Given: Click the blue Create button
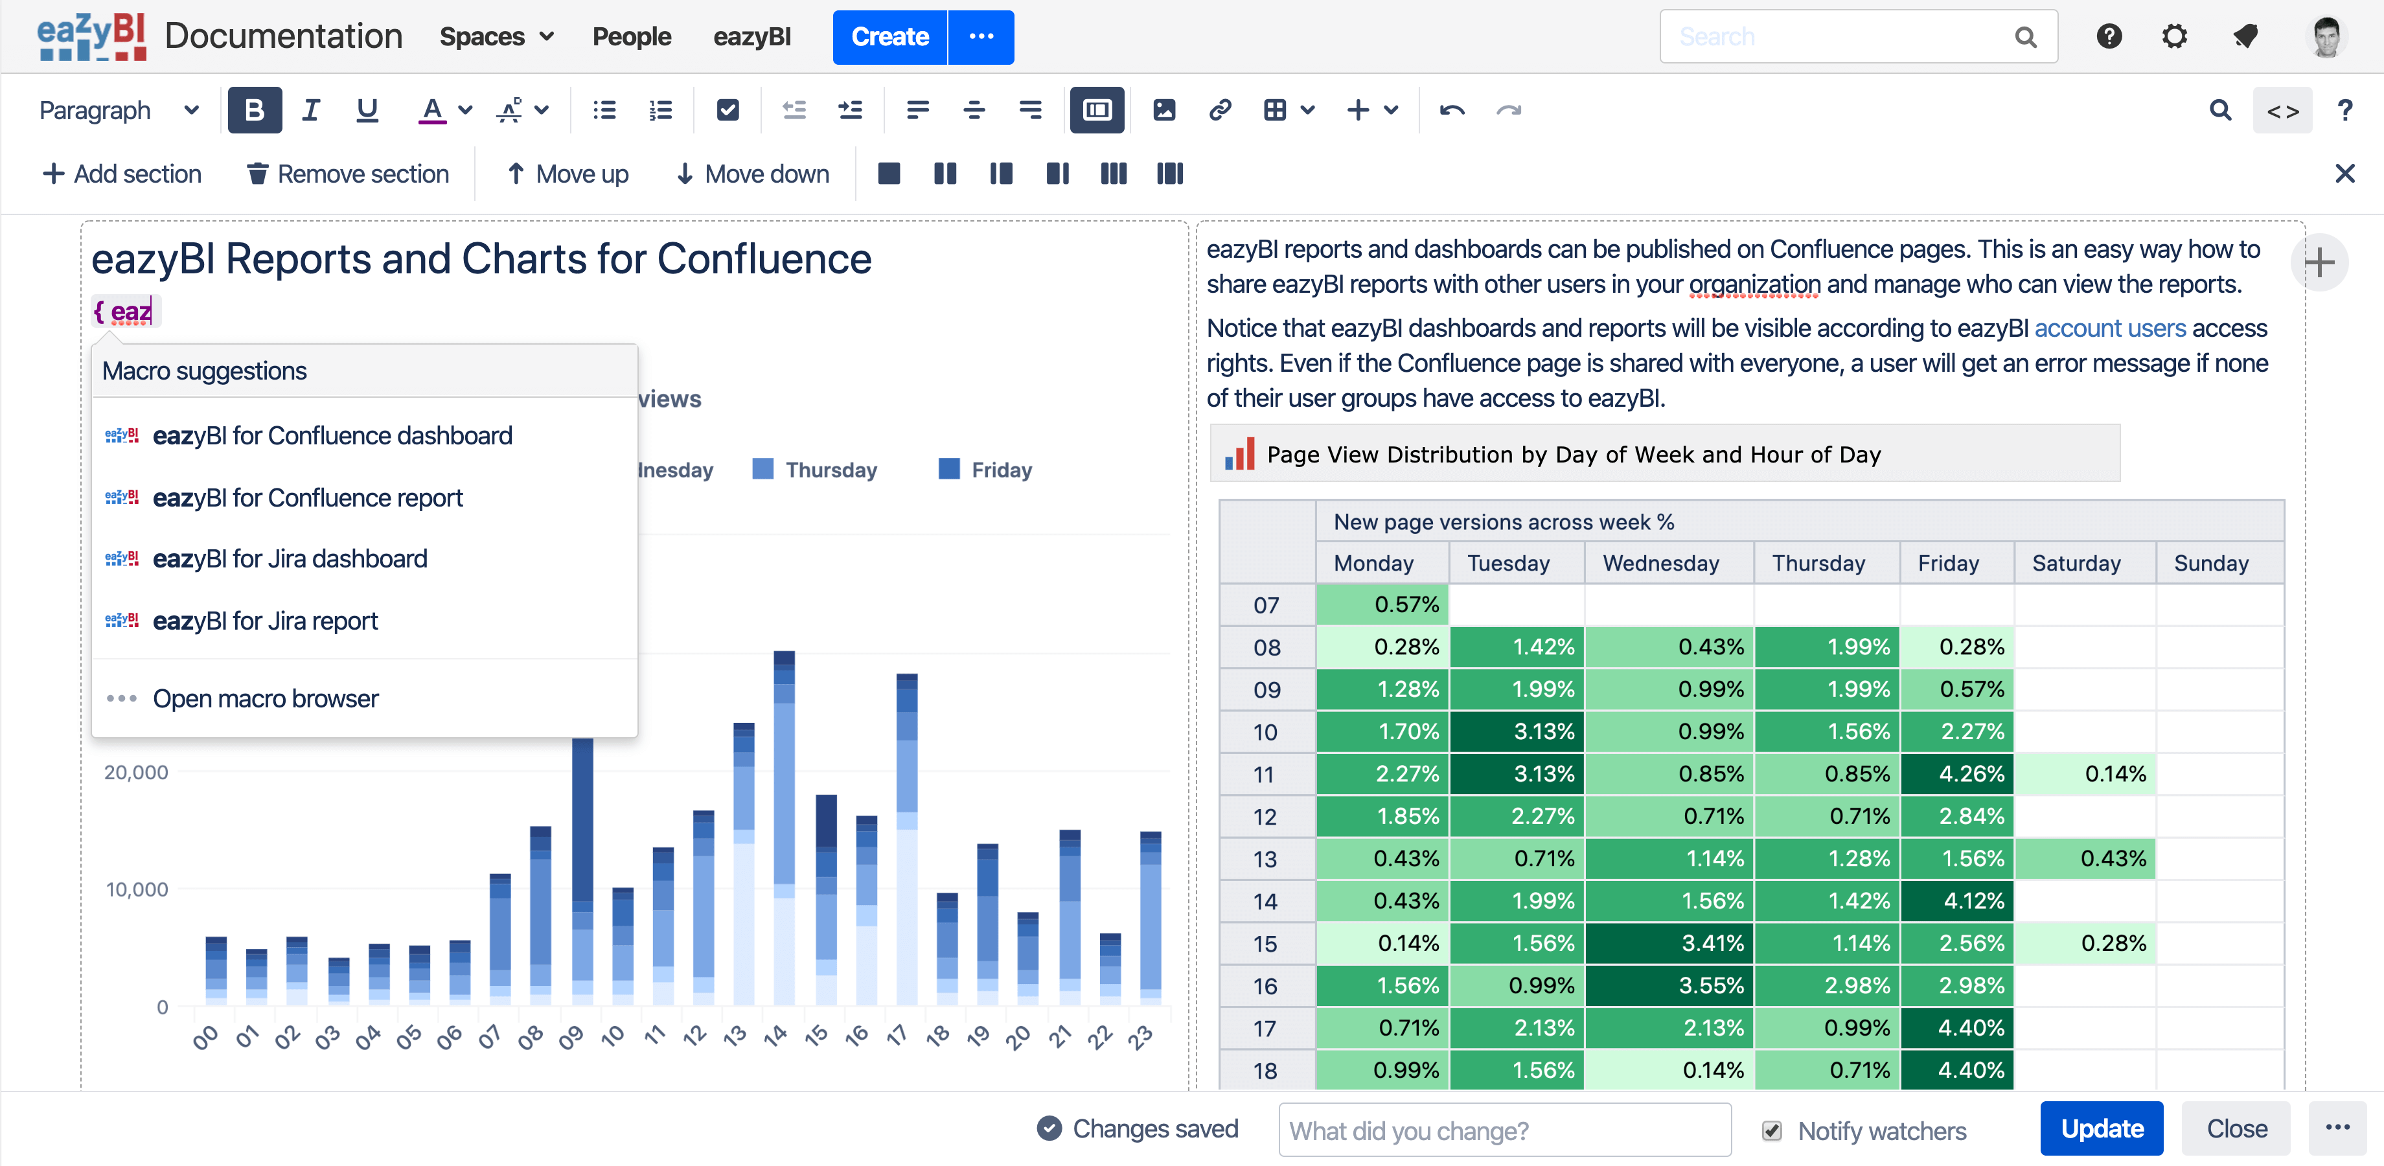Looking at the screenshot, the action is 889,37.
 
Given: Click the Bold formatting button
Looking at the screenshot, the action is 255,110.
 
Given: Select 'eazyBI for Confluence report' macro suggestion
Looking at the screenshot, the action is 307,498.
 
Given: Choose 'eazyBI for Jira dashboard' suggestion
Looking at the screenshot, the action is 290,559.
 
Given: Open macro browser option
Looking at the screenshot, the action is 265,699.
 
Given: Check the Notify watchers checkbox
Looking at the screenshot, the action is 1771,1130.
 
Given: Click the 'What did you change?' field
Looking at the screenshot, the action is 1505,1130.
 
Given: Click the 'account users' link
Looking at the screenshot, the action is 2110,328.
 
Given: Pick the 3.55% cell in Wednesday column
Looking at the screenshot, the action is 1669,985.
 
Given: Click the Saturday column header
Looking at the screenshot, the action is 2076,564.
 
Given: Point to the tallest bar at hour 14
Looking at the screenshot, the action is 784,829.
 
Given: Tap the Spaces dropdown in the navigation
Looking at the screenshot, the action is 497,37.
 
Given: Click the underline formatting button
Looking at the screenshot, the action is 367,110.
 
